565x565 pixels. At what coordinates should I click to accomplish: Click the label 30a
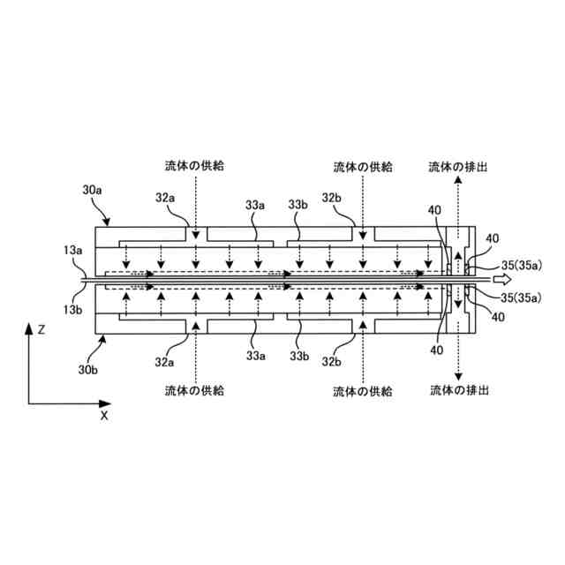[x=93, y=191]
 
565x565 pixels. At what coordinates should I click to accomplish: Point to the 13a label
[x=72, y=252]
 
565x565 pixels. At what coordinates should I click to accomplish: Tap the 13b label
[x=72, y=310]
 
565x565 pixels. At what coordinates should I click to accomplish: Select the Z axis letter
[x=41, y=329]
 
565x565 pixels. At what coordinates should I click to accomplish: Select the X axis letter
[x=103, y=414]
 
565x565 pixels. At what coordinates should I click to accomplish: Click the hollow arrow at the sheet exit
[x=501, y=279]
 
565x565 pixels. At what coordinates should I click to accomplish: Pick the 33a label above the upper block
[x=256, y=205]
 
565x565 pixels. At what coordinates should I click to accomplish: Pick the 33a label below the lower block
[x=256, y=356]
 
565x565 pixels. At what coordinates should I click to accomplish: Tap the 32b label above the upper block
[x=332, y=199]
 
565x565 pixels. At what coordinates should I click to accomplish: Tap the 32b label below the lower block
[x=331, y=363]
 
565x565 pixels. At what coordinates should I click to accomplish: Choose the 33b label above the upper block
[x=298, y=205]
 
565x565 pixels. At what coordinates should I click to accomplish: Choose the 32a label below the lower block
[x=165, y=363]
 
